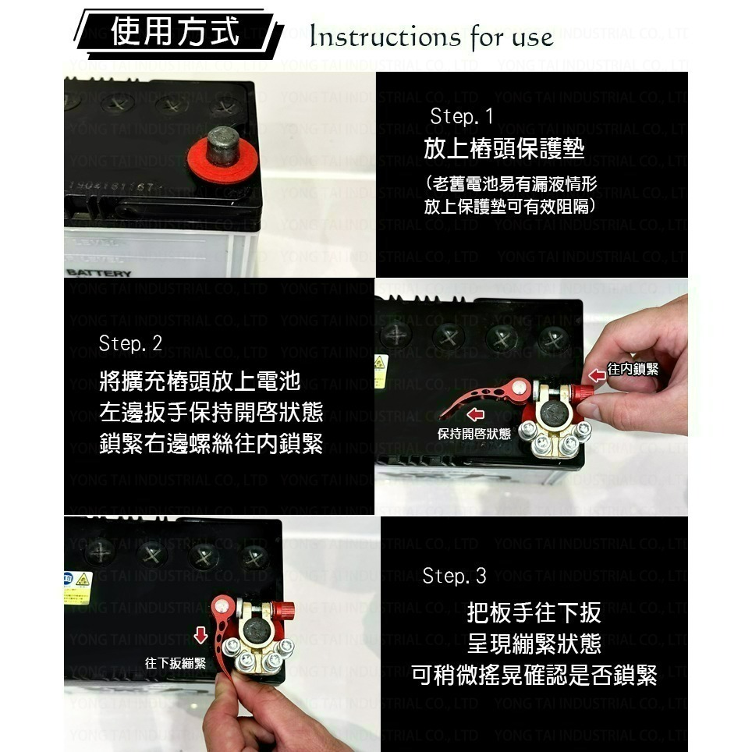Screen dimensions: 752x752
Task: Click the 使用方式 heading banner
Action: click(176, 34)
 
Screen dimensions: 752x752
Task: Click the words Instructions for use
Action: click(431, 37)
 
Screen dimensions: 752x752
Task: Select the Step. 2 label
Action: click(130, 344)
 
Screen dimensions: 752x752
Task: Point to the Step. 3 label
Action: click(454, 576)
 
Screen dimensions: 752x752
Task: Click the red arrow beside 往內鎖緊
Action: click(597, 375)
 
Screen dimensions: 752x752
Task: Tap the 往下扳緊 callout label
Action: click(176, 663)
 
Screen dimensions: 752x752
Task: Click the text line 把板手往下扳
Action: click(534, 612)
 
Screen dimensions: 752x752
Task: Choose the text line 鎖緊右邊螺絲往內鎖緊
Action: click(211, 444)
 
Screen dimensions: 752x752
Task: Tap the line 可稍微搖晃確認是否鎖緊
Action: click(534, 675)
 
